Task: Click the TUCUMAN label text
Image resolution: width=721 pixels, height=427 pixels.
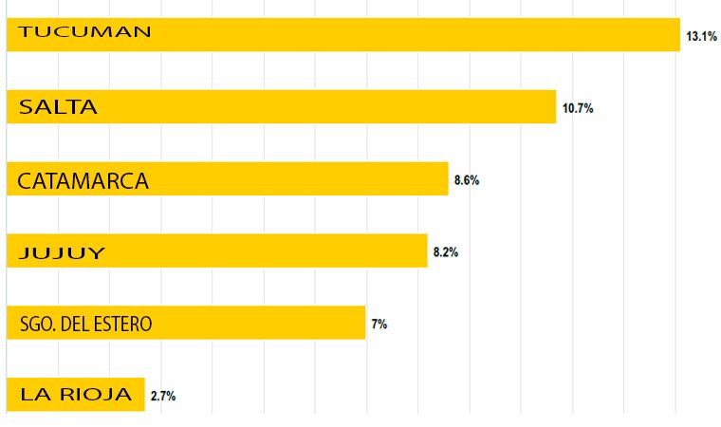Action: click(x=85, y=31)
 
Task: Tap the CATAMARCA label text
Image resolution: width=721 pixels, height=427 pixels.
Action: click(x=83, y=181)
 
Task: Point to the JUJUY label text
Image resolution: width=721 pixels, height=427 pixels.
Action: click(x=62, y=253)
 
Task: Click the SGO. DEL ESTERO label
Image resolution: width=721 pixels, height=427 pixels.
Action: click(x=85, y=325)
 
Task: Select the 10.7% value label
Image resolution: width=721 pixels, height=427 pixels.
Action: click(x=578, y=108)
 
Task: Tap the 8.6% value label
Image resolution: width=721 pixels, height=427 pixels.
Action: click(x=467, y=180)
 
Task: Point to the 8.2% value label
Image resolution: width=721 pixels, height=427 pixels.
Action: click(x=446, y=252)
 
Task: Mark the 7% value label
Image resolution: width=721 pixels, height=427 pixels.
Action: click(x=379, y=325)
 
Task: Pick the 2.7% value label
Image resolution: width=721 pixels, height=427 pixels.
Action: click(x=163, y=396)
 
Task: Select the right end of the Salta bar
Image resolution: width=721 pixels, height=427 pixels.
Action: click(x=553, y=106)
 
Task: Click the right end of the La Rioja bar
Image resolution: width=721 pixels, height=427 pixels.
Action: click(x=142, y=394)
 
